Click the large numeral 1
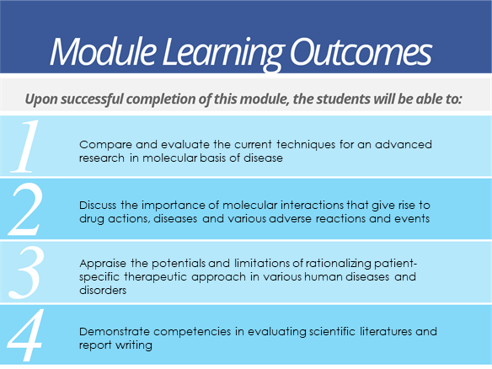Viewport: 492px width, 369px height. pos(26,147)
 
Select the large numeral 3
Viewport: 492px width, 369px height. pos(26,272)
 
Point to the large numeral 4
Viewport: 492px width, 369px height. pos(25,334)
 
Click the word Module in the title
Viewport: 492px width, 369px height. pos(103,51)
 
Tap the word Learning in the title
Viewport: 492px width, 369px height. pos(223,53)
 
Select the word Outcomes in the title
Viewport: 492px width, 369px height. pos(361,51)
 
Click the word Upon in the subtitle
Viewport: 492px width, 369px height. pos(41,99)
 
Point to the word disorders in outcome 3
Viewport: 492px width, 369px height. pos(103,291)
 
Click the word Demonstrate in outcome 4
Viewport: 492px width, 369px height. pos(114,332)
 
